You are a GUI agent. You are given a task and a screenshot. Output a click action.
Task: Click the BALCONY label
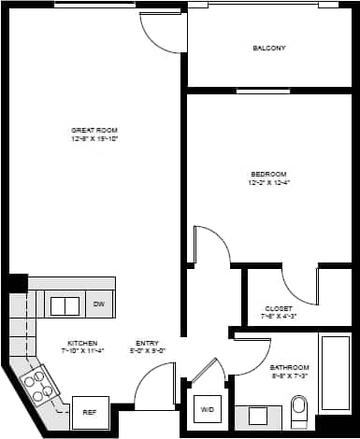pyautogui.click(x=268, y=48)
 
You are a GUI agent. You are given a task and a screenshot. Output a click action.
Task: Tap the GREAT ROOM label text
pyautogui.click(x=94, y=129)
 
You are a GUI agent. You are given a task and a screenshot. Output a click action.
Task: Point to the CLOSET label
pyautogui.click(x=279, y=308)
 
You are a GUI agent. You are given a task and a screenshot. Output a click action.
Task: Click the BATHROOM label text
pyautogui.click(x=290, y=367)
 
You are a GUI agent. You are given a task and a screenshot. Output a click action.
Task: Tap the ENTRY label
pyautogui.click(x=147, y=343)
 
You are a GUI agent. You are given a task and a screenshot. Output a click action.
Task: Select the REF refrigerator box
pyautogui.click(x=90, y=411)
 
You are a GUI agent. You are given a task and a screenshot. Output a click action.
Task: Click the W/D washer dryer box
pyautogui.click(x=207, y=410)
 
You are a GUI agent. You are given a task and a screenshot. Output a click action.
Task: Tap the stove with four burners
pyautogui.click(x=37, y=386)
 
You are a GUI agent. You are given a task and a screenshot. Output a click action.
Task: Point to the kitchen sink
pyautogui.click(x=65, y=305)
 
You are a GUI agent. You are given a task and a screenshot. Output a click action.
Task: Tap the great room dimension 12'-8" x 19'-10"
pyautogui.click(x=94, y=138)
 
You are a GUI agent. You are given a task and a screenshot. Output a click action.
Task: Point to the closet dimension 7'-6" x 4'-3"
pyautogui.click(x=279, y=317)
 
